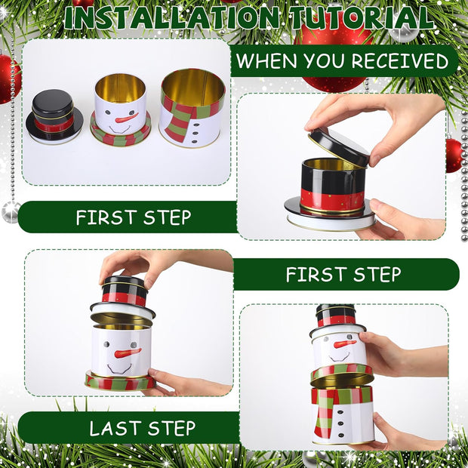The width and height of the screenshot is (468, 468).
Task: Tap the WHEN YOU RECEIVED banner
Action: [x=343, y=61]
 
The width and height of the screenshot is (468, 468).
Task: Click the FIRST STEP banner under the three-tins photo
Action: [x=133, y=217]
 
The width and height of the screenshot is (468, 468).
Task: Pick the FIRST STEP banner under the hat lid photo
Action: [x=343, y=274]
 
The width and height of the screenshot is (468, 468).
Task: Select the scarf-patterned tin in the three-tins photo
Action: [x=191, y=107]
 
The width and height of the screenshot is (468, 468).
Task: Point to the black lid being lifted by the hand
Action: [x=338, y=146]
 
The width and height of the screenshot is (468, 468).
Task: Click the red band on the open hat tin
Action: [x=332, y=199]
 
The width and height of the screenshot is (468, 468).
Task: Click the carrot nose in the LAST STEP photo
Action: [x=128, y=353]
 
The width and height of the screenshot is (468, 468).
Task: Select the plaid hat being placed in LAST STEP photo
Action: [x=124, y=291]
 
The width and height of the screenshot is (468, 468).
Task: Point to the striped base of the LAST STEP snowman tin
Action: [x=119, y=382]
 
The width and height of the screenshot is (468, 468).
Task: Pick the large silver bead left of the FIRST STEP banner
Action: [x=10, y=211]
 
